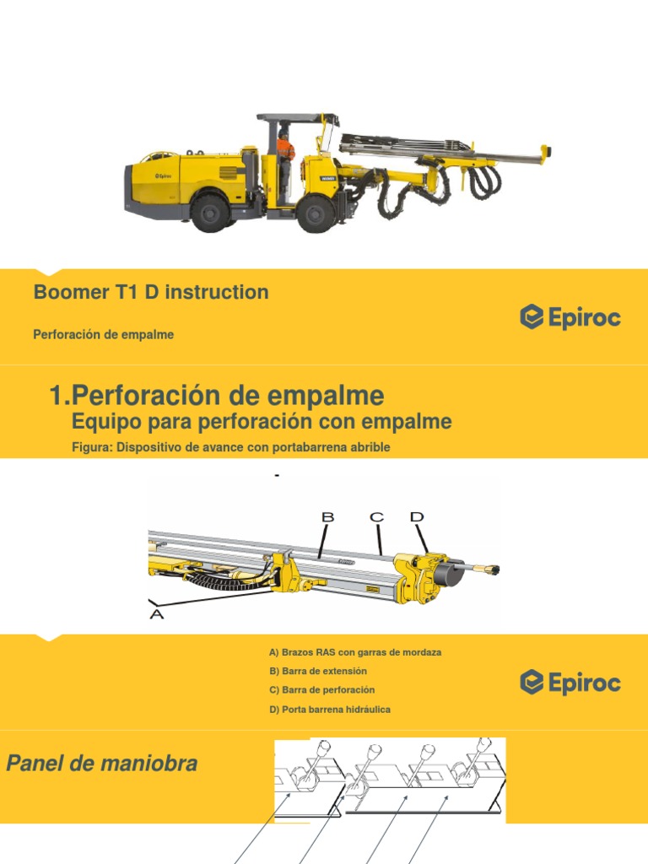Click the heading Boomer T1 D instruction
[x=151, y=293]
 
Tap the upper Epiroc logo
[x=570, y=317]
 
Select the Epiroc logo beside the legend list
[x=570, y=682]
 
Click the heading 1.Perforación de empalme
[x=217, y=396]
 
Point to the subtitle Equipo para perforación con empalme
[x=262, y=422]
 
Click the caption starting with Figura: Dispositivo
[x=231, y=448]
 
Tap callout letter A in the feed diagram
[x=156, y=615]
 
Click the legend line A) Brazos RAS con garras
[x=355, y=653]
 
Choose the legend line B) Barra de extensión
[x=318, y=672]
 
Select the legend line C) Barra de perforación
[x=321, y=690]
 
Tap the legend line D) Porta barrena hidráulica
[x=330, y=710]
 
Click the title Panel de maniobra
[x=102, y=764]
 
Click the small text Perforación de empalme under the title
[x=104, y=335]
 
